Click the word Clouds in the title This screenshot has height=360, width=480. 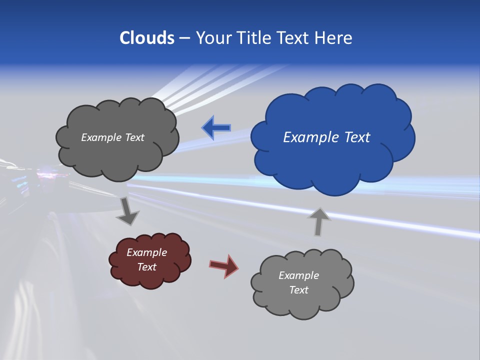point(146,38)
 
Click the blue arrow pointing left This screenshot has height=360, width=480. point(216,128)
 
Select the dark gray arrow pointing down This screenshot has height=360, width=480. point(128,211)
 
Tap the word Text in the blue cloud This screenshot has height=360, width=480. point(357,137)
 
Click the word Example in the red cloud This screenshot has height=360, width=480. point(146,252)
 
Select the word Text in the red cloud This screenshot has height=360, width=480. point(147,267)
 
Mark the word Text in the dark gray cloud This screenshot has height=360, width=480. point(135,137)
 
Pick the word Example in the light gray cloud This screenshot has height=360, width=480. point(298,275)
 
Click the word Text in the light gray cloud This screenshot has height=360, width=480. point(298,290)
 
